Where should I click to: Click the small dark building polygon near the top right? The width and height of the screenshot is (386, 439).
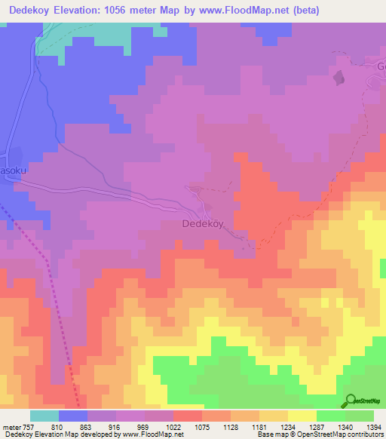(339, 77)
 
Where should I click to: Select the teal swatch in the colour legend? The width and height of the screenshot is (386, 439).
(44, 416)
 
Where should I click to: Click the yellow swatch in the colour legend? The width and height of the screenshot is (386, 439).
(302, 416)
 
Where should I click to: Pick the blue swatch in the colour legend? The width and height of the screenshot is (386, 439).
(73, 416)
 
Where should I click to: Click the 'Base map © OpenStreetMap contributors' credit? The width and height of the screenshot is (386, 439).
(320, 434)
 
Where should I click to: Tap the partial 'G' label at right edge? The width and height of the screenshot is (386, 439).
(381, 66)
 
